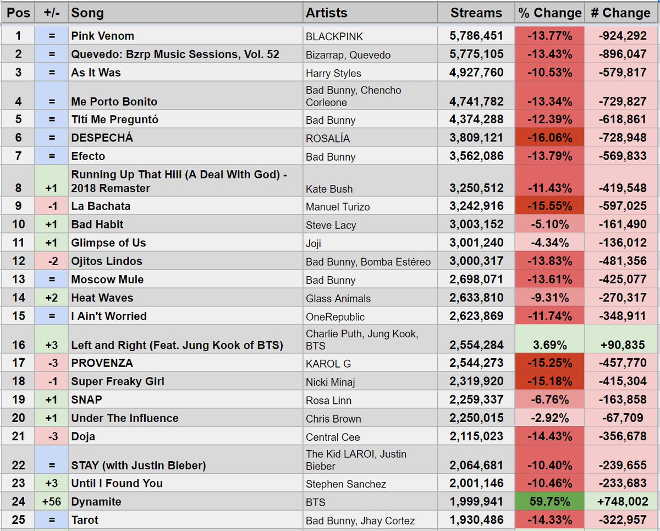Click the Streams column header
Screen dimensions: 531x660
tap(476, 13)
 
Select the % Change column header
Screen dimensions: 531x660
tap(549, 13)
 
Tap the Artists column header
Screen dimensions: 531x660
tap(327, 13)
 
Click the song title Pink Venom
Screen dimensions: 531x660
tap(103, 36)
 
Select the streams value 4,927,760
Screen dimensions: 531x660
tap(476, 73)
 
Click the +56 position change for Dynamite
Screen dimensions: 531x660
tap(51, 502)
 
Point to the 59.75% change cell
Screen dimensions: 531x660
tap(549, 502)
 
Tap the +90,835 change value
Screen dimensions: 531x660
tap(621, 346)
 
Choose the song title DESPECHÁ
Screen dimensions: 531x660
tap(102, 138)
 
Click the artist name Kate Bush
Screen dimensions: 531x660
tap(329, 189)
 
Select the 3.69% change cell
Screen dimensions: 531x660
tap(549, 346)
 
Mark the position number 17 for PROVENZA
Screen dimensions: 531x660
tap(18, 363)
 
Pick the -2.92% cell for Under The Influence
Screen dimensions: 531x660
tap(549, 418)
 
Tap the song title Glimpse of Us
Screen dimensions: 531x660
tap(108, 243)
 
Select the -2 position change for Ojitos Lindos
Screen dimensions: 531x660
tap(51, 261)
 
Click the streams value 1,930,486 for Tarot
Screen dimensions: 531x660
tap(476, 520)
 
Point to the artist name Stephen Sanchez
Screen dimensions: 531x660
tap(346, 484)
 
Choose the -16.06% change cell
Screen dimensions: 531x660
tap(549, 138)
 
